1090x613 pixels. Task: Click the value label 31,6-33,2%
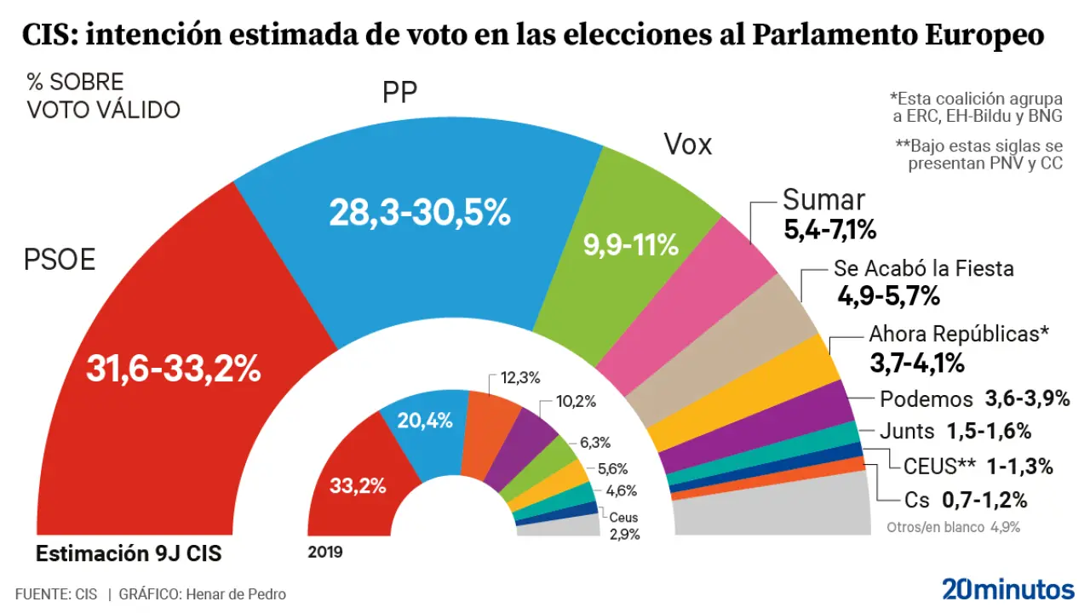[x=173, y=369]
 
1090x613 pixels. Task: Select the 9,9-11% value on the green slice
[x=630, y=246]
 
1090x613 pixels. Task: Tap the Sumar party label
[x=823, y=200]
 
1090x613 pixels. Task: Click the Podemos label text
[x=926, y=399]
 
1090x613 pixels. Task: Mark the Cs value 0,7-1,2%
[x=984, y=500]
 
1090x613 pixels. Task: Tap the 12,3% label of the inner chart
[x=519, y=376]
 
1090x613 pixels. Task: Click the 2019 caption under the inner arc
[x=325, y=553]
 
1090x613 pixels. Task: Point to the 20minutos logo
[x=1007, y=588]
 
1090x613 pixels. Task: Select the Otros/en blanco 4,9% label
[x=953, y=526]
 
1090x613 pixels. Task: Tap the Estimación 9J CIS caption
[x=129, y=553]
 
